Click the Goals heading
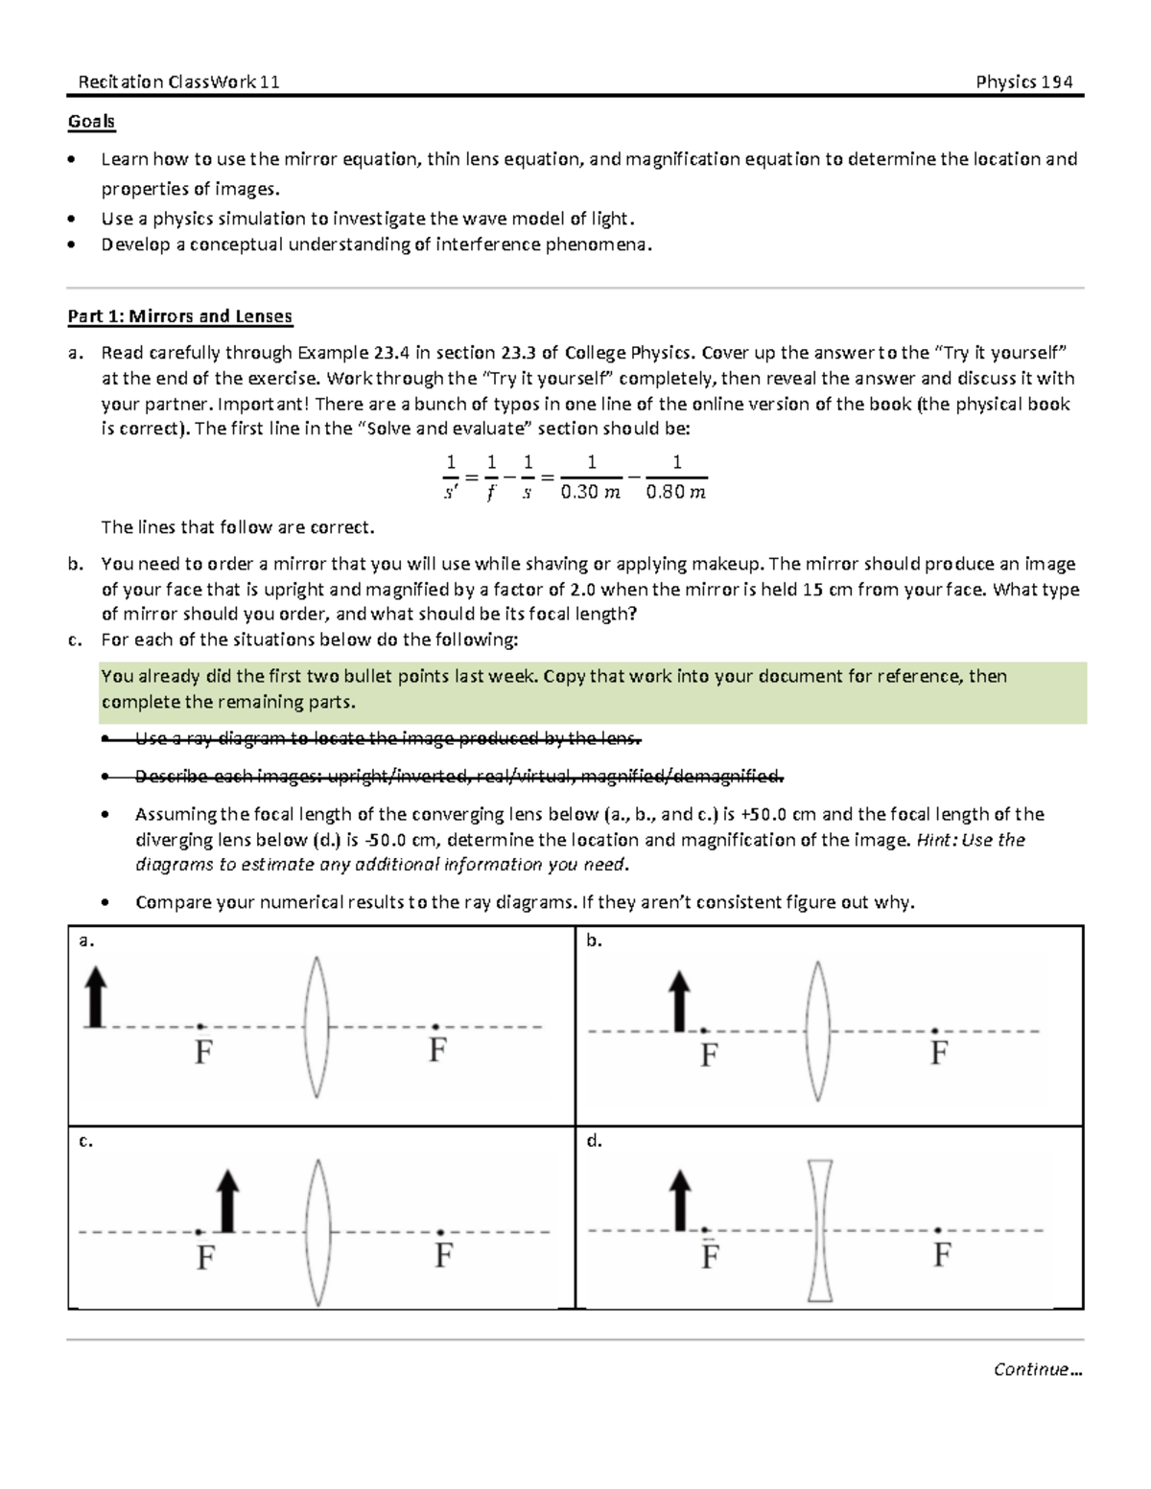[x=91, y=122]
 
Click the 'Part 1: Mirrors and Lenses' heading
[x=179, y=316]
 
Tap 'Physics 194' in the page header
[x=1023, y=81]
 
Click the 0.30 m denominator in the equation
[x=591, y=493]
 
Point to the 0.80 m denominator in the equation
[x=676, y=493]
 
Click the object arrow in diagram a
[x=94, y=996]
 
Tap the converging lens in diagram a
[x=317, y=1025]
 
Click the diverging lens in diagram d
[x=820, y=1230]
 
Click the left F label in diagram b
[x=709, y=1056]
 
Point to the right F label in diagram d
[x=942, y=1254]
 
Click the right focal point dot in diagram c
[x=440, y=1232]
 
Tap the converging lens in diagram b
[x=817, y=1031]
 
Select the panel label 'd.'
[x=594, y=1141]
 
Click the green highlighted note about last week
[x=592, y=689]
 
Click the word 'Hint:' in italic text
[x=936, y=840]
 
